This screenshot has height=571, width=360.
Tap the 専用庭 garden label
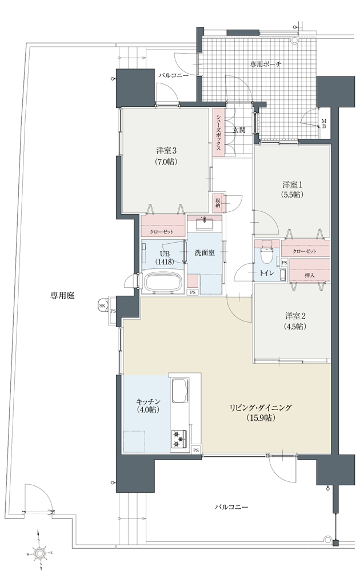(x=62, y=296)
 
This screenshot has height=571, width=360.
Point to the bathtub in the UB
(x=163, y=282)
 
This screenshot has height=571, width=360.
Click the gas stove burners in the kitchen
(x=178, y=439)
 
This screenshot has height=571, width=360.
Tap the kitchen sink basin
(x=179, y=392)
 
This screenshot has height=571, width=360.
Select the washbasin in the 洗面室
(x=205, y=224)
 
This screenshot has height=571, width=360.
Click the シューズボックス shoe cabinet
(x=218, y=132)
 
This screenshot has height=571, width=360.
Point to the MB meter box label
(x=323, y=123)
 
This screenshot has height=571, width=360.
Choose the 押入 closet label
(x=309, y=276)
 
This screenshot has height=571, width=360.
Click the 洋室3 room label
(x=167, y=150)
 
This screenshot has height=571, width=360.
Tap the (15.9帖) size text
(x=260, y=418)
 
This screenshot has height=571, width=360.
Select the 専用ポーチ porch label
(x=265, y=65)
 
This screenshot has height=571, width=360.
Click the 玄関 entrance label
(x=239, y=130)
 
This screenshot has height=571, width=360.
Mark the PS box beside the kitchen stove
(x=196, y=450)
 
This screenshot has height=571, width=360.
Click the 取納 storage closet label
(x=218, y=203)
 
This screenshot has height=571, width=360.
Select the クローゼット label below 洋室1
(x=304, y=252)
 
